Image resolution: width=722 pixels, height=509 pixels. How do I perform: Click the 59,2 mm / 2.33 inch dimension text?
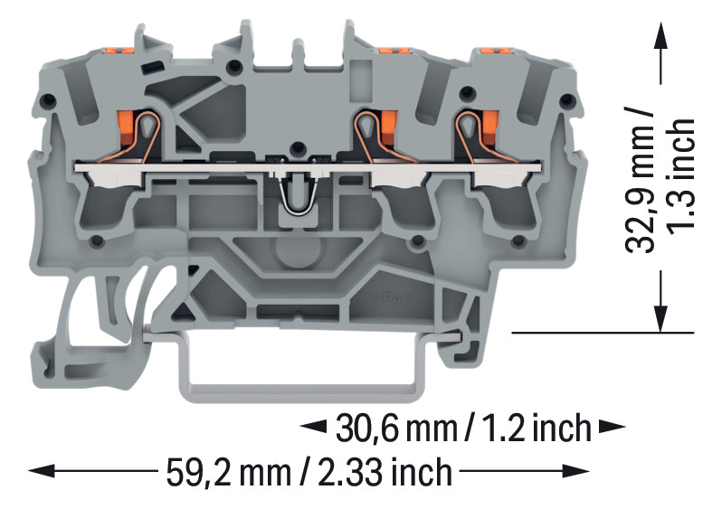[309, 471]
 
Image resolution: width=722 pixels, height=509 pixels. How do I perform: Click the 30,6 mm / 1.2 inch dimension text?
[463, 428]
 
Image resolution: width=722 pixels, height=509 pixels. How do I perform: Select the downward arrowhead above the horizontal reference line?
[661, 318]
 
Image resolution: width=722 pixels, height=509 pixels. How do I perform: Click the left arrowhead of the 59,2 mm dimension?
[42, 471]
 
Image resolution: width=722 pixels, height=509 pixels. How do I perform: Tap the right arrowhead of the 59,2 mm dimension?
[576, 471]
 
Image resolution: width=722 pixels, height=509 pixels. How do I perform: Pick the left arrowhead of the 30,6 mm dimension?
[313, 427]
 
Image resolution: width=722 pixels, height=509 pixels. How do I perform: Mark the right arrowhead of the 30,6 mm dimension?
[612, 427]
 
